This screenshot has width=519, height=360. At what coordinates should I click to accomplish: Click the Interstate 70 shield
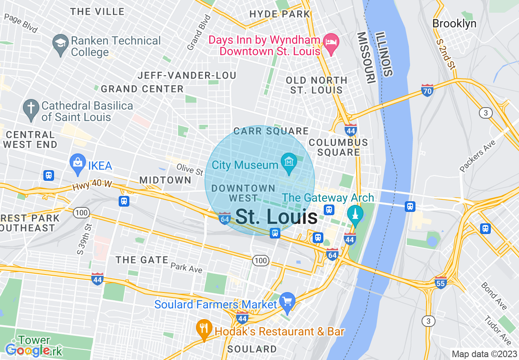point(427,90)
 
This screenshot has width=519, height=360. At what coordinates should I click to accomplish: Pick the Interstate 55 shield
point(440,282)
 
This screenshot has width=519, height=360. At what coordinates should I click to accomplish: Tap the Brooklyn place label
point(454,24)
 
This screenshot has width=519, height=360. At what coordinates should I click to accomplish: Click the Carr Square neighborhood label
point(271,131)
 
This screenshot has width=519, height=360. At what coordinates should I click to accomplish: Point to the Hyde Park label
point(280,14)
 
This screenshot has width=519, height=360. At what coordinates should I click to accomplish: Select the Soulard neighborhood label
point(252,349)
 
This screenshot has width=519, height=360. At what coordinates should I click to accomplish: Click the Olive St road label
point(190,169)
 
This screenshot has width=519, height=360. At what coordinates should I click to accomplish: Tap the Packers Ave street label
point(477,156)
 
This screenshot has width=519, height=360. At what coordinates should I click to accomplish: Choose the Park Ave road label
point(186,268)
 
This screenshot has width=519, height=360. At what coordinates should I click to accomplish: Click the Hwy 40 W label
point(92,185)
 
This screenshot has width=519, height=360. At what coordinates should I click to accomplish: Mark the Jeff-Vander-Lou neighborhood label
point(187,76)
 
